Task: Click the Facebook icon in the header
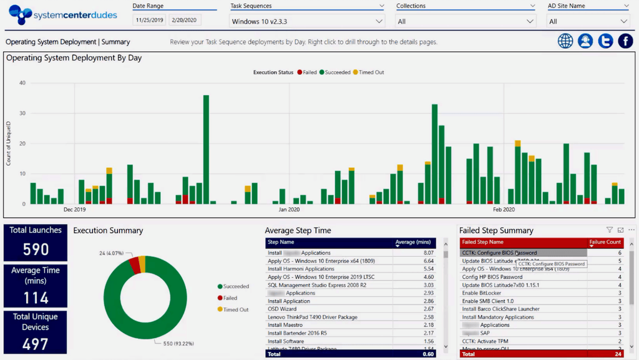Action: coord(625,41)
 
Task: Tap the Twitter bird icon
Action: coord(605,41)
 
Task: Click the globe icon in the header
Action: coord(565,41)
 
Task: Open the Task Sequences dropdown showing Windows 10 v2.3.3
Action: coord(308,21)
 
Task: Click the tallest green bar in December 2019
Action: coord(206,150)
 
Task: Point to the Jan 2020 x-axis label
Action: coord(289,210)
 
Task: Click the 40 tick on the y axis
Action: coord(22,83)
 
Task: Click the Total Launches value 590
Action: coord(36,250)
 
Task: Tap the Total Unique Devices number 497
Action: coord(36,344)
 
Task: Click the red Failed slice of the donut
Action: coord(134,265)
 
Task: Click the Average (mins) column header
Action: coord(414,242)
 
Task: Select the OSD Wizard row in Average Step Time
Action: coord(282,309)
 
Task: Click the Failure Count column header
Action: coord(605,242)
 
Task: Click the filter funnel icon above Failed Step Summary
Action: coord(610,230)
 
